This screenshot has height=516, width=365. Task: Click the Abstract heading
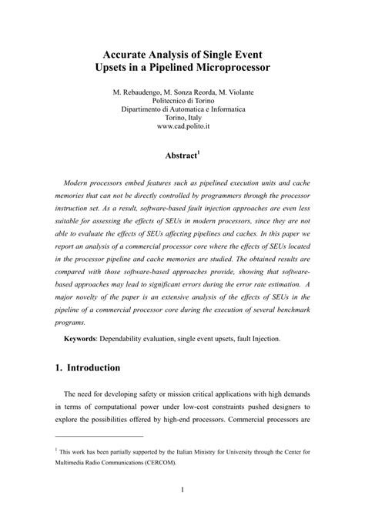180,155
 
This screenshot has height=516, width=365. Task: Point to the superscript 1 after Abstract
199,151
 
